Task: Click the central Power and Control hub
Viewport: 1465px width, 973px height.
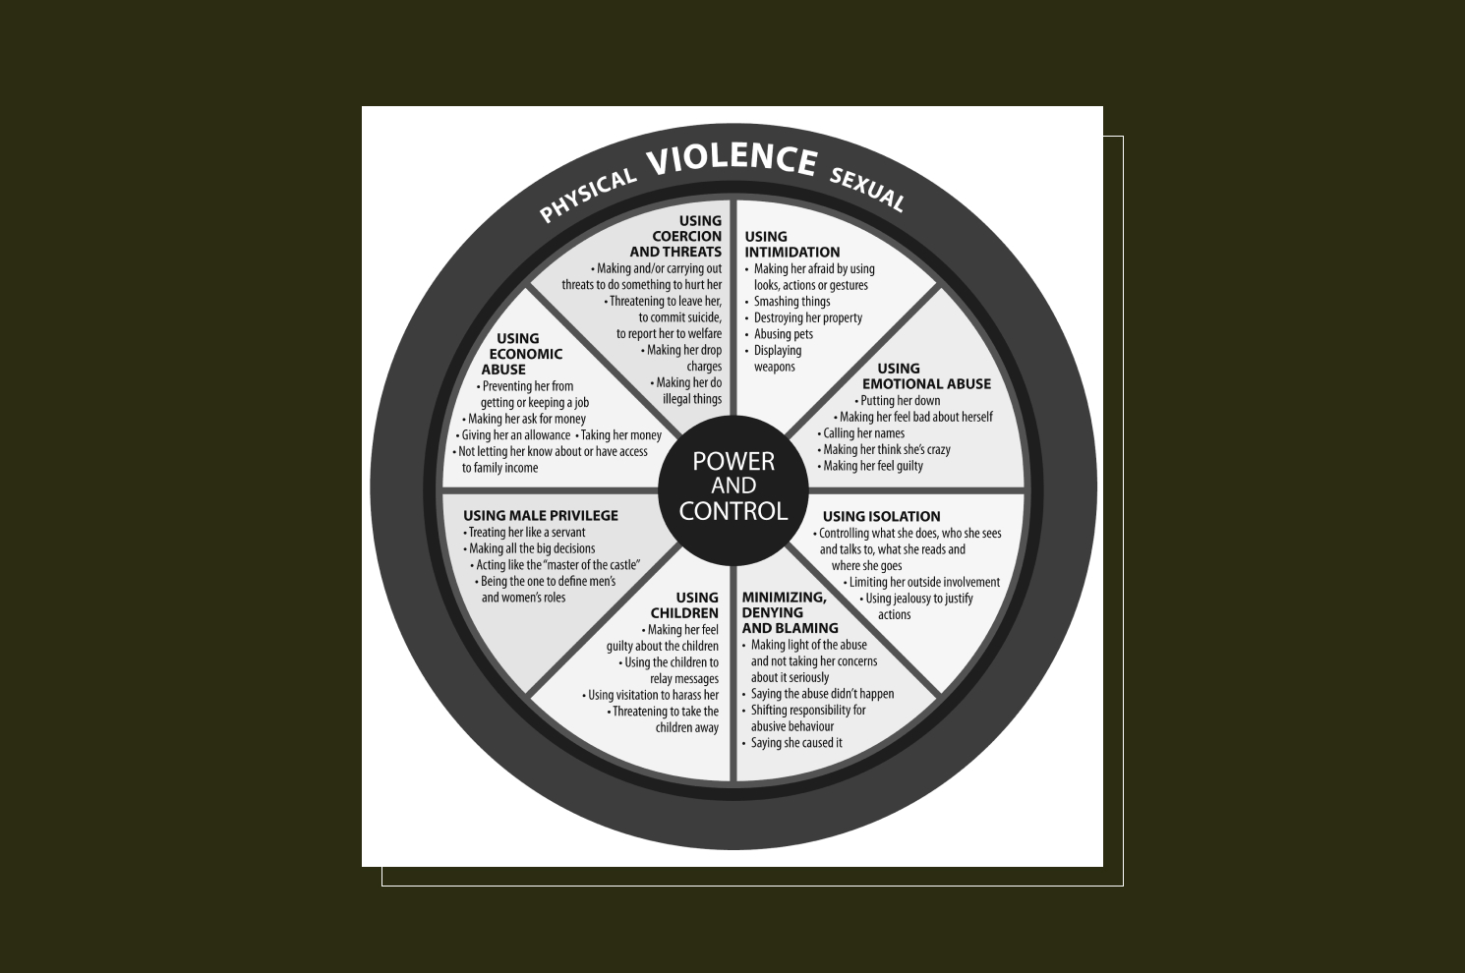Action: (732, 486)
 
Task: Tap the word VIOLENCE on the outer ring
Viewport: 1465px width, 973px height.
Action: (732, 160)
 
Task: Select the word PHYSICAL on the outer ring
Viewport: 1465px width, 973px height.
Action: (587, 195)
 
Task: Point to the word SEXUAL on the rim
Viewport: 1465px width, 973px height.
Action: (866, 190)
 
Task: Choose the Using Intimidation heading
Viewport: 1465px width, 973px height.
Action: (791, 244)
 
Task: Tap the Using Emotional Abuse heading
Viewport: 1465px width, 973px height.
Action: (925, 376)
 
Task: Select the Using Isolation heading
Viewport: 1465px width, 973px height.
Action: (881, 516)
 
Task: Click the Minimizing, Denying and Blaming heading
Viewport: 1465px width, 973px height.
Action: (790, 612)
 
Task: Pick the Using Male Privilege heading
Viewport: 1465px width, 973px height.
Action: (540, 515)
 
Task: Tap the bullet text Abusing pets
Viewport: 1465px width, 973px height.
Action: (783, 334)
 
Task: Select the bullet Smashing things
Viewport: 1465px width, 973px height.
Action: (791, 302)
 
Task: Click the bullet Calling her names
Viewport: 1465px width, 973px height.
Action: (863, 433)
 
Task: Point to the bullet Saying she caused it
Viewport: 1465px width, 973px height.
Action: (795, 743)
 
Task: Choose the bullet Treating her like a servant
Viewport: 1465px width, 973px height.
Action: (526, 533)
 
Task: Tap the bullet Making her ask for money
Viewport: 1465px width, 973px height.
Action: (526, 419)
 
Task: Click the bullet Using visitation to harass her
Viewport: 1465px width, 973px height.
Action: (653, 695)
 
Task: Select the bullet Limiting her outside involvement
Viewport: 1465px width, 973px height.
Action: (923, 582)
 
